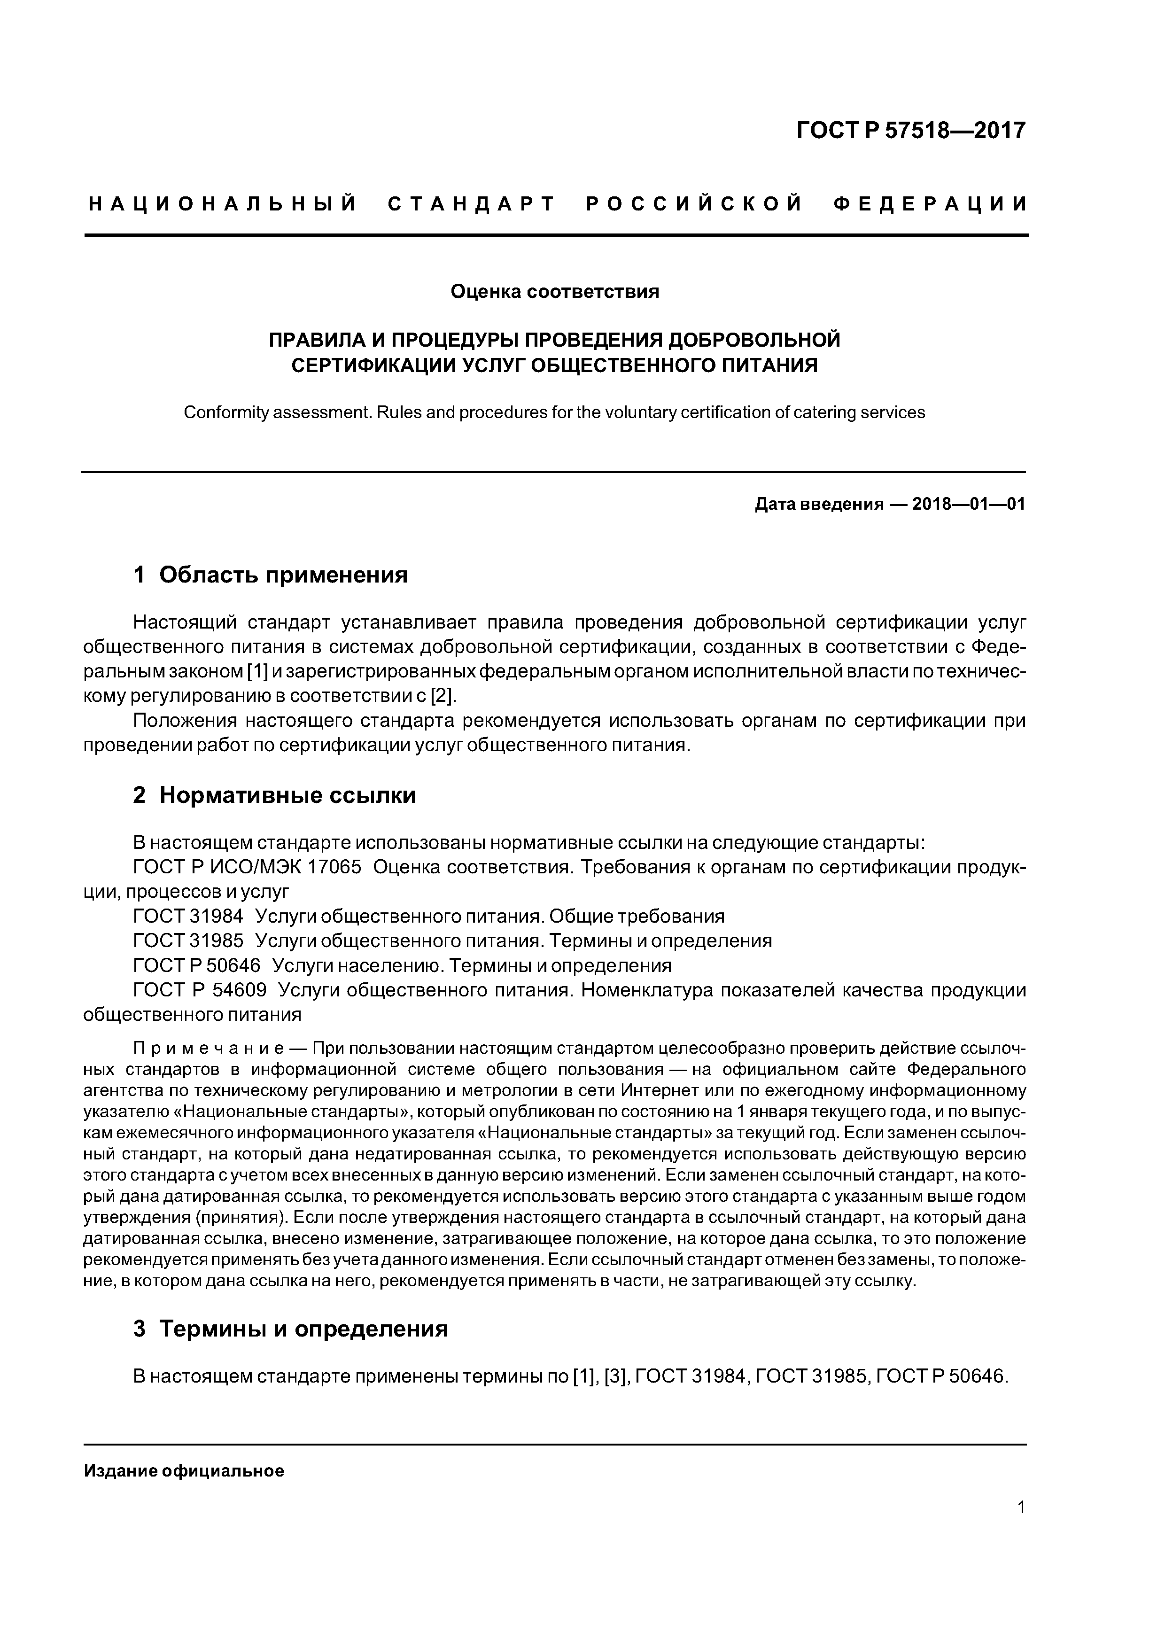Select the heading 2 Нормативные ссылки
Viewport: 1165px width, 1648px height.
[274, 795]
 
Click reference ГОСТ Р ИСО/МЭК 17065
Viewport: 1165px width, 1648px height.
[248, 867]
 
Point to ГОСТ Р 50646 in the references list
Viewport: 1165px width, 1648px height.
[197, 965]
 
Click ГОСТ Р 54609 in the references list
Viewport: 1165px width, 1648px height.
[200, 990]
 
